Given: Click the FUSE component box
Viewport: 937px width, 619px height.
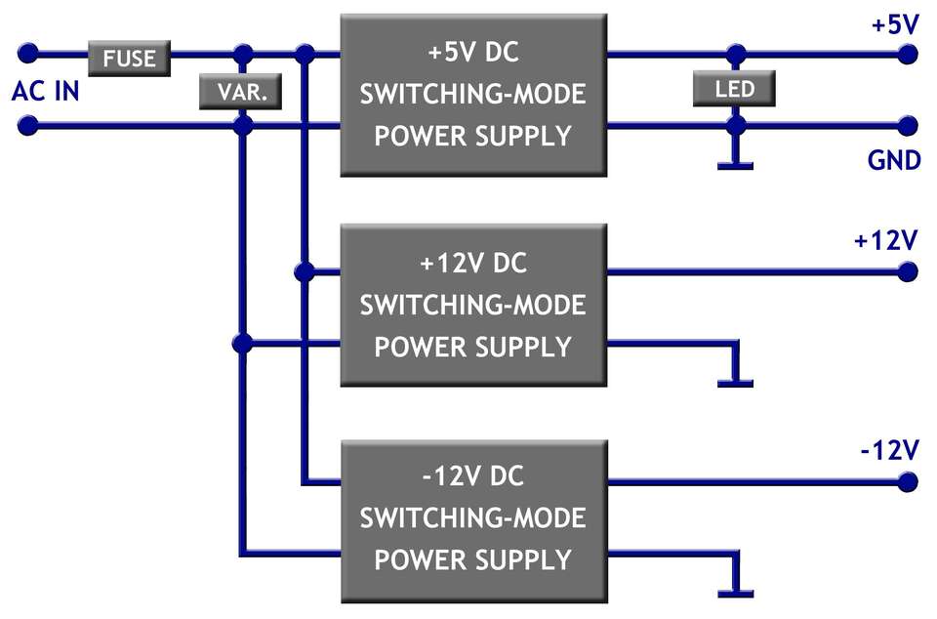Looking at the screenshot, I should [129, 59].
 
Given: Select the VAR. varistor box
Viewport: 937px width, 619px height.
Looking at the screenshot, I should [240, 92].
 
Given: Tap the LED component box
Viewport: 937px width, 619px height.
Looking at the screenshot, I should [735, 90].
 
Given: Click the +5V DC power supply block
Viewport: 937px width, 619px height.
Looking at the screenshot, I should [473, 95].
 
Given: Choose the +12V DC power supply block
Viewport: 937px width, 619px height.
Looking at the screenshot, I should [473, 305].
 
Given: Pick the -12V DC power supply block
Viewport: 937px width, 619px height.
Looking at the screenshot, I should [473, 518].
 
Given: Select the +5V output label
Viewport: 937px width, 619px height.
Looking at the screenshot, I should [896, 25].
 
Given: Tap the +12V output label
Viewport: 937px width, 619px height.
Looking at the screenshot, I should [886, 240].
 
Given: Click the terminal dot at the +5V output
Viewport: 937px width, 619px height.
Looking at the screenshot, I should [909, 53].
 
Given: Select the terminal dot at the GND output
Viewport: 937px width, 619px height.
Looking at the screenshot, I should [909, 125].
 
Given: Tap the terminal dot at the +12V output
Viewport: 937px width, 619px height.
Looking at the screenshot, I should [909, 270].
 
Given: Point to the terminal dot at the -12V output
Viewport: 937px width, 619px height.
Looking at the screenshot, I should [909, 480].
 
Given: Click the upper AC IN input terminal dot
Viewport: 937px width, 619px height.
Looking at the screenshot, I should [27, 53].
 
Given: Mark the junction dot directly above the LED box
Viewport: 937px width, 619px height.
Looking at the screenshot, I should [736, 53].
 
